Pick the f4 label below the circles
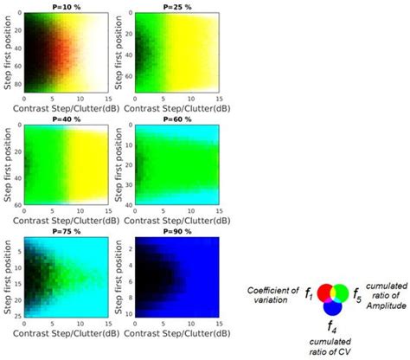coord(332,327)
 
